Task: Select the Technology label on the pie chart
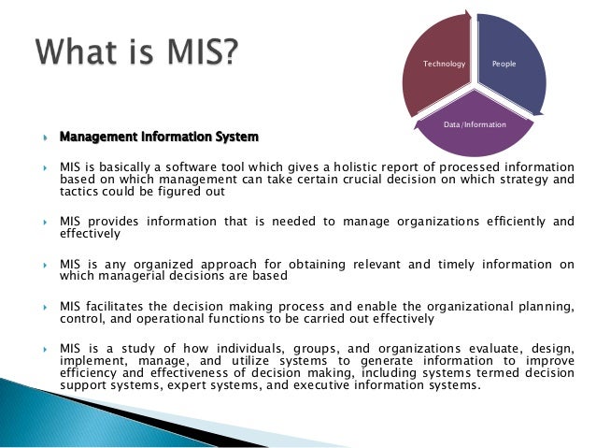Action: (x=443, y=64)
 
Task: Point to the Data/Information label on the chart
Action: (x=474, y=123)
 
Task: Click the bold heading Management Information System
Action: (x=159, y=137)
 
